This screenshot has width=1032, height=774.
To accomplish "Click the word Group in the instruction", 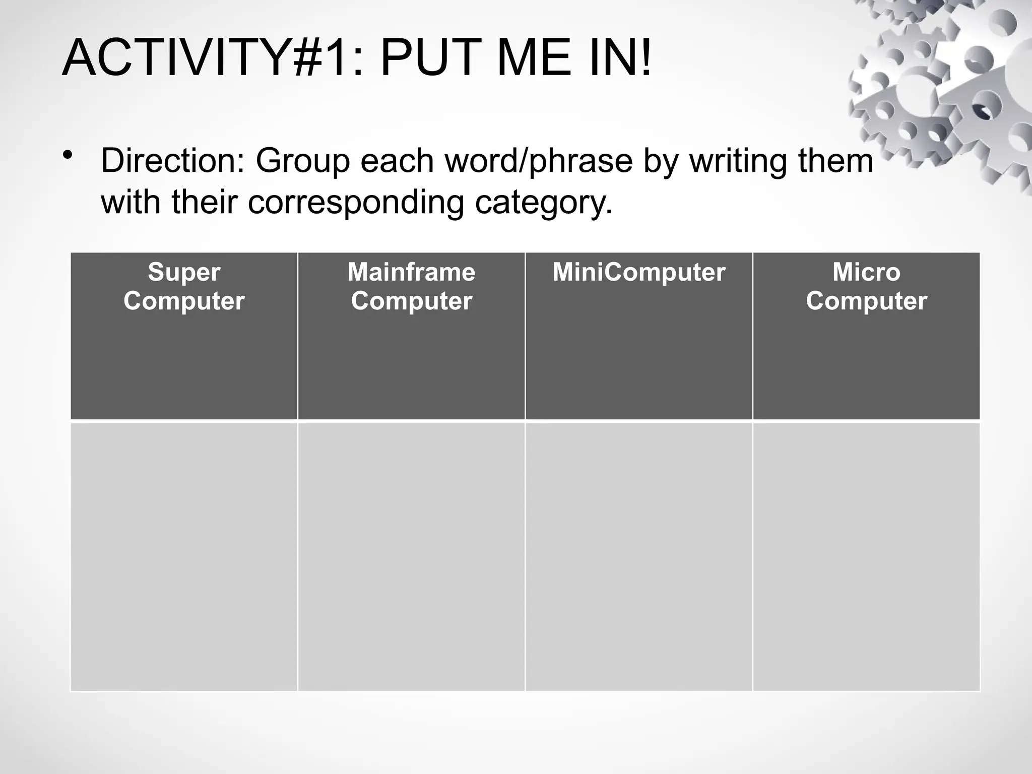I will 302,161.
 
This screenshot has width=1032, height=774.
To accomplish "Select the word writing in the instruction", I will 738,161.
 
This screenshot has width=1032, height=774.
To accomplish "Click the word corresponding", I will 355,203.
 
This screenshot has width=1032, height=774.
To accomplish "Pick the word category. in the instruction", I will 544,203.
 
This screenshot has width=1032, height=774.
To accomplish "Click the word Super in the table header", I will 184,272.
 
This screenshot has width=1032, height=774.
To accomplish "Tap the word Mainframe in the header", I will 411,272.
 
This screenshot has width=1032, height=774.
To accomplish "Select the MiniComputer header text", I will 638,272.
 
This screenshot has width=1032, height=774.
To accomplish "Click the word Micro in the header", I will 866,272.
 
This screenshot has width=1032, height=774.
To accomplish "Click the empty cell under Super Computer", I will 184,557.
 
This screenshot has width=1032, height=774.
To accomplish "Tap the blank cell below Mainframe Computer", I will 411,557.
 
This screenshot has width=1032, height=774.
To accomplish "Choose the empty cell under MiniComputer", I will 638,557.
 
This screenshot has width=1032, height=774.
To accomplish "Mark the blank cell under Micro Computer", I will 866,557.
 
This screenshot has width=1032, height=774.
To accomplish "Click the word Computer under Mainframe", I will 411,301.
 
